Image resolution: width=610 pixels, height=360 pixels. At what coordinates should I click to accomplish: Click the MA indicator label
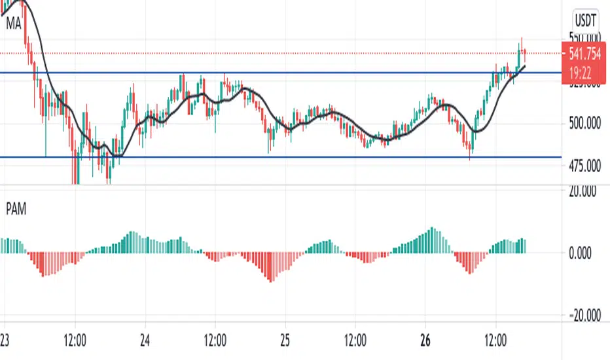12,23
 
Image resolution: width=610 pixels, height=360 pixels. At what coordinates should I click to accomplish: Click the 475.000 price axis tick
585,166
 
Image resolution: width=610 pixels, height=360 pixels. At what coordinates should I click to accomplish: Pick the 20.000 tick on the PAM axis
585,191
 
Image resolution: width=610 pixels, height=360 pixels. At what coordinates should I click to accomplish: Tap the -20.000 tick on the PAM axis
584,316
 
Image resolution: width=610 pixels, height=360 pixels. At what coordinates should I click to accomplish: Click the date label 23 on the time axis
5,340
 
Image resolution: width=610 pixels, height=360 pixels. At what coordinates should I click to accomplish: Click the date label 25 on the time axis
285,340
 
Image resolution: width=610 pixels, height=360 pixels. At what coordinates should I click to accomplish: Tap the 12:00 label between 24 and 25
215,340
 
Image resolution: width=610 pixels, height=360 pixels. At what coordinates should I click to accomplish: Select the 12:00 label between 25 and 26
355,340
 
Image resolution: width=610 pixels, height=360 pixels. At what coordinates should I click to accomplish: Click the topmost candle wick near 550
522,41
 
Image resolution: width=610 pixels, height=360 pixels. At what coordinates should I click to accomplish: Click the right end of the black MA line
524,66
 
